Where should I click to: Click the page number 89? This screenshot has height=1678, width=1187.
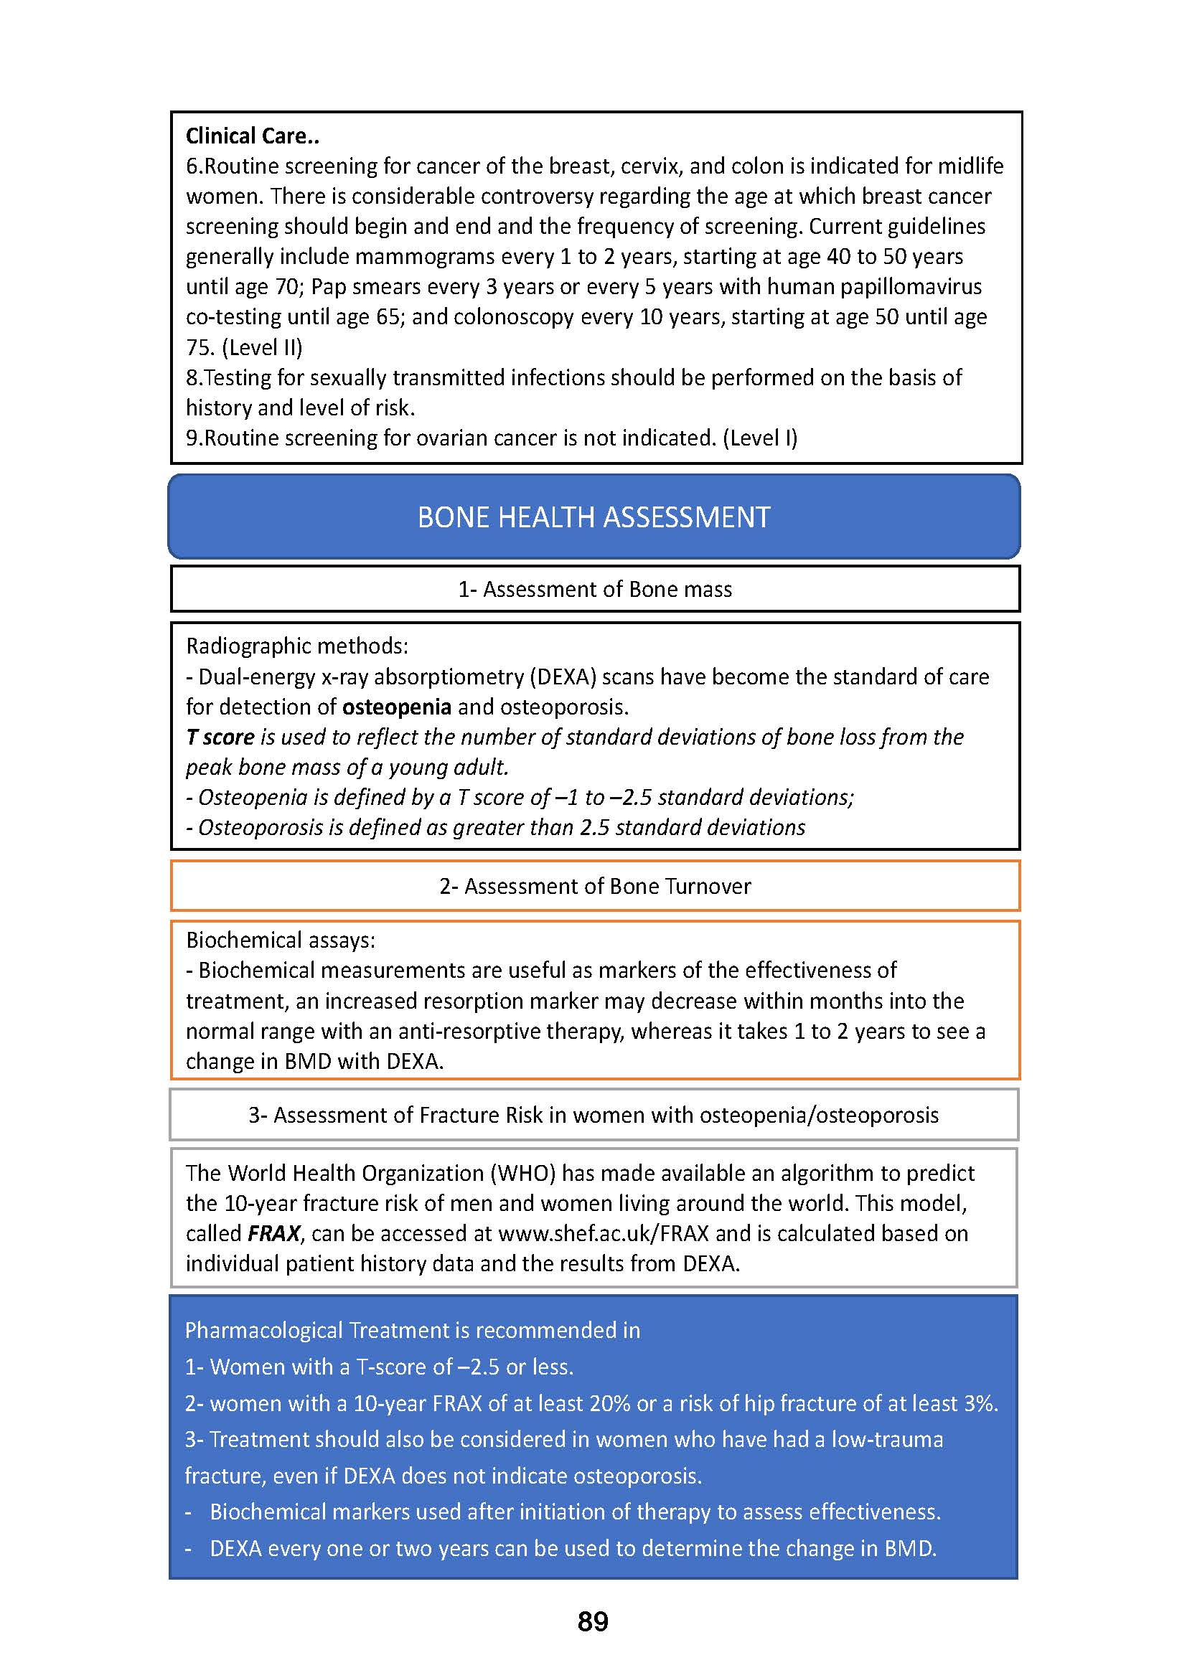point(593,1622)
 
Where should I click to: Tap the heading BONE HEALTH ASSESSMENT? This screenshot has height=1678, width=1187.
point(593,517)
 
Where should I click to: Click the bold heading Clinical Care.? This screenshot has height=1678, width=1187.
point(251,136)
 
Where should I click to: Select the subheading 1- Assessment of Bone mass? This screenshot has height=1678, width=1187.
point(594,589)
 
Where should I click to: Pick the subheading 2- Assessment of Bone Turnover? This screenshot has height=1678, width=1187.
point(594,886)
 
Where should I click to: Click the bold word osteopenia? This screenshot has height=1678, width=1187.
point(396,707)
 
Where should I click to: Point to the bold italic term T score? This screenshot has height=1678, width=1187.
point(220,737)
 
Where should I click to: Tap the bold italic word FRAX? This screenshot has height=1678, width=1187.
point(273,1234)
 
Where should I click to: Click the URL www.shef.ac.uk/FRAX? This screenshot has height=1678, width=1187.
point(603,1234)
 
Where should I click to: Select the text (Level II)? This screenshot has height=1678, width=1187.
point(262,347)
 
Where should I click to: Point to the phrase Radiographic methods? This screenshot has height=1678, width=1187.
point(297,646)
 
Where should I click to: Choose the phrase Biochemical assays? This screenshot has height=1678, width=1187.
point(280,940)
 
